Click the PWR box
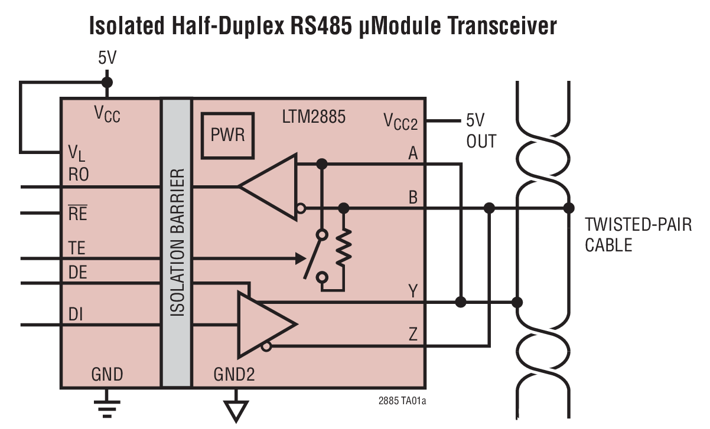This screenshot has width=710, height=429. [227, 135]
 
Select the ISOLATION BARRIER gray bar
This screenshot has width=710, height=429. [177, 243]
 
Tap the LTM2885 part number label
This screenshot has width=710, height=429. [314, 117]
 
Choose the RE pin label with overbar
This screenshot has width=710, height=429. [78, 213]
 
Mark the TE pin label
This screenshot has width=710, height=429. [77, 248]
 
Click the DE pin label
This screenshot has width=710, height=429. [78, 273]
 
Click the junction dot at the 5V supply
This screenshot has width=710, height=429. [106, 82]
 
